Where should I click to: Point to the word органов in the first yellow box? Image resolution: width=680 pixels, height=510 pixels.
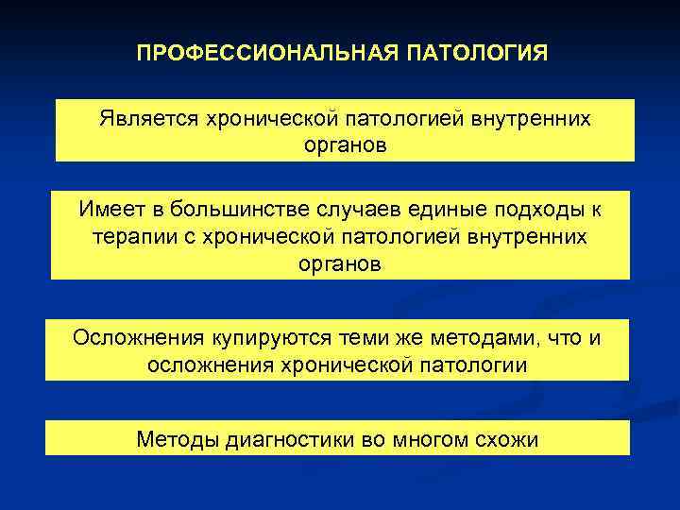pyautogui.click(x=346, y=145)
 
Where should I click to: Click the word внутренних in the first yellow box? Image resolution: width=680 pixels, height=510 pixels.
pyautogui.click(x=535, y=119)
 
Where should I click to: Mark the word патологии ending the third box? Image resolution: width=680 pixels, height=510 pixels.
pyautogui.click(x=482, y=364)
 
